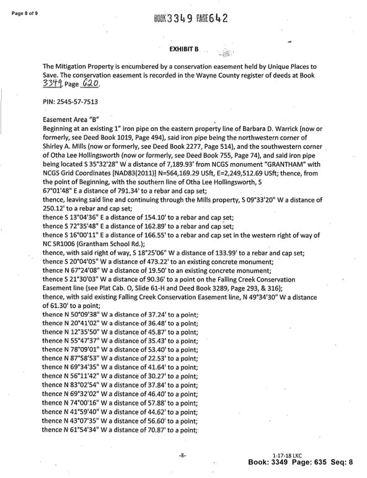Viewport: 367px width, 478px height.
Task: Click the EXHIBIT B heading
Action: tap(183, 48)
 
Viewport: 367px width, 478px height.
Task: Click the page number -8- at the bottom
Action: tap(183, 456)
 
